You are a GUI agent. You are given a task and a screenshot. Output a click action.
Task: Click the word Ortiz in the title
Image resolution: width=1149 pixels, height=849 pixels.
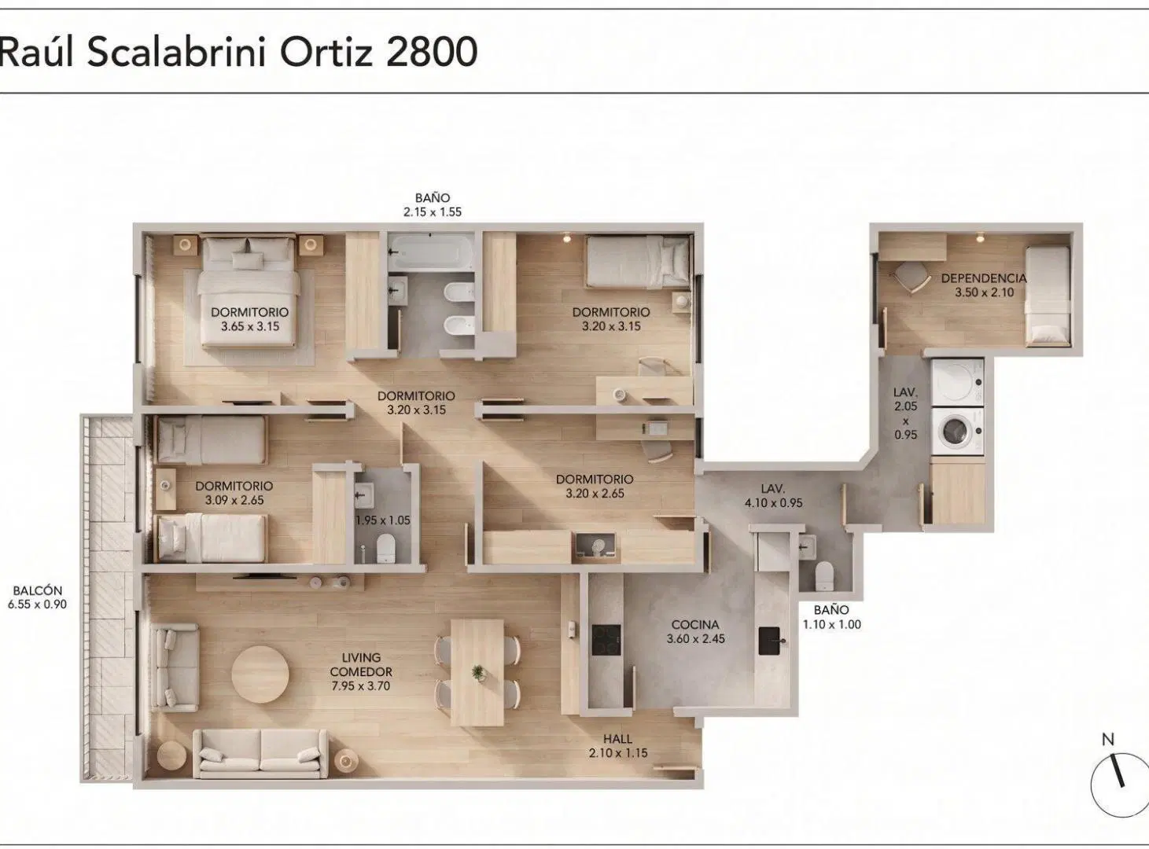coord(326,52)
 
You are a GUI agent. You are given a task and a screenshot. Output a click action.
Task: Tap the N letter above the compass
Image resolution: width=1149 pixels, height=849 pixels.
coord(1107,739)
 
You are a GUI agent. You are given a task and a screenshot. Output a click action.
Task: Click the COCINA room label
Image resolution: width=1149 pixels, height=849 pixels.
coord(695,625)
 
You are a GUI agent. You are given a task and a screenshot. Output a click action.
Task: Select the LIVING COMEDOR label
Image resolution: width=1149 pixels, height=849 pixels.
coord(361,664)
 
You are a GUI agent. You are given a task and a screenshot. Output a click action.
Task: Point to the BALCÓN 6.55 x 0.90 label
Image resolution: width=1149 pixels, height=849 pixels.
coord(37,597)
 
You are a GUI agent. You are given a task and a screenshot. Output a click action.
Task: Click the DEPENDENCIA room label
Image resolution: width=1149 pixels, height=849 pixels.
coord(984,278)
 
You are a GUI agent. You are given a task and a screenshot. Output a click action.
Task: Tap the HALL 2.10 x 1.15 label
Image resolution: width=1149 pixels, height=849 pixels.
coord(618,746)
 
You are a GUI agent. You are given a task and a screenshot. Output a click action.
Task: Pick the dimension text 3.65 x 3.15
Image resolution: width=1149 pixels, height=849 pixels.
coord(249,326)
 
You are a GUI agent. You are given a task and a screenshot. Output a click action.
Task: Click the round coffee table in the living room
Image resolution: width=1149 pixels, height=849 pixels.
coord(260,674)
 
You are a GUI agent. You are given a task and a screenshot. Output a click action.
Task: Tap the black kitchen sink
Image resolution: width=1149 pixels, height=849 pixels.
coord(770,641)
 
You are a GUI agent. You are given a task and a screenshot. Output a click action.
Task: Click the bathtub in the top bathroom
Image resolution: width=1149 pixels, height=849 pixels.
coord(431,252)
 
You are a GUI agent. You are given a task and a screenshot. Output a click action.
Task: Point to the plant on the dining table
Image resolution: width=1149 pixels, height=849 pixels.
coord(477,672)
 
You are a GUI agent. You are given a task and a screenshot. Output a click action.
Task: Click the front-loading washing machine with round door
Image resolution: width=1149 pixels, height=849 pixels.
coord(957,432)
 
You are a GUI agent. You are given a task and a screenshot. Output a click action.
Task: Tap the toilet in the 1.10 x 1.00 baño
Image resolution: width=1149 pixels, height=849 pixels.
coord(824,575)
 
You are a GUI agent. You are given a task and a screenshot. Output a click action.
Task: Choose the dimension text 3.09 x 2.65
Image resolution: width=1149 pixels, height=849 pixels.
coord(234,501)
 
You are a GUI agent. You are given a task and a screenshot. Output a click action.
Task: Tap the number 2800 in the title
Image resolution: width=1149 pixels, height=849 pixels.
coord(432,52)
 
